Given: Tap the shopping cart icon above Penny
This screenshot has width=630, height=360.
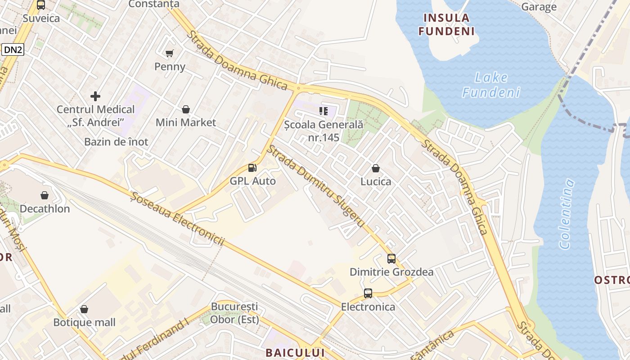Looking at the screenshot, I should [170, 54].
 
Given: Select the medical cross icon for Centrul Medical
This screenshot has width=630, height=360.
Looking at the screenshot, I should [95, 96].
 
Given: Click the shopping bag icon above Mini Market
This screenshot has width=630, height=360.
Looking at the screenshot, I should [186, 109].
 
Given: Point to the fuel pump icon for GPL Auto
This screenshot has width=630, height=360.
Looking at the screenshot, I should [252, 168].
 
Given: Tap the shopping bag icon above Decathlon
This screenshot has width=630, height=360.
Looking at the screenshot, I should [45, 195].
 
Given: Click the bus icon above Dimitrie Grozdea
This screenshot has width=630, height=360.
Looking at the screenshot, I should [391, 259].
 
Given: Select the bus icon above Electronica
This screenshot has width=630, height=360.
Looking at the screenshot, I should [368, 293].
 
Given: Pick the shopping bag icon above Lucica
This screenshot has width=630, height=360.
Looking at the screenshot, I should [376, 168].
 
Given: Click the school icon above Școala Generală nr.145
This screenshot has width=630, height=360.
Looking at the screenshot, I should [324, 111].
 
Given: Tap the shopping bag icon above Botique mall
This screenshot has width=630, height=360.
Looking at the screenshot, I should [84, 309].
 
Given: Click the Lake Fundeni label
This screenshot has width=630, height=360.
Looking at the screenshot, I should [491, 85].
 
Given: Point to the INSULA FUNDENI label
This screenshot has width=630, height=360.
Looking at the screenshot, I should [446, 25].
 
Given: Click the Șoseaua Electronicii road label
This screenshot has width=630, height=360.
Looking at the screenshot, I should [177, 218].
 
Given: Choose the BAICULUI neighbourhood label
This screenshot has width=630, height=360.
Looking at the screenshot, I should [295, 352].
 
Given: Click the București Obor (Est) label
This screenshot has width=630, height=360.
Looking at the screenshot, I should [235, 313].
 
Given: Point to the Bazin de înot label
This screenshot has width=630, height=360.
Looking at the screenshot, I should [116, 142].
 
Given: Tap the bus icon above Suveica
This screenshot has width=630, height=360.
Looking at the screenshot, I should [41, 5].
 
